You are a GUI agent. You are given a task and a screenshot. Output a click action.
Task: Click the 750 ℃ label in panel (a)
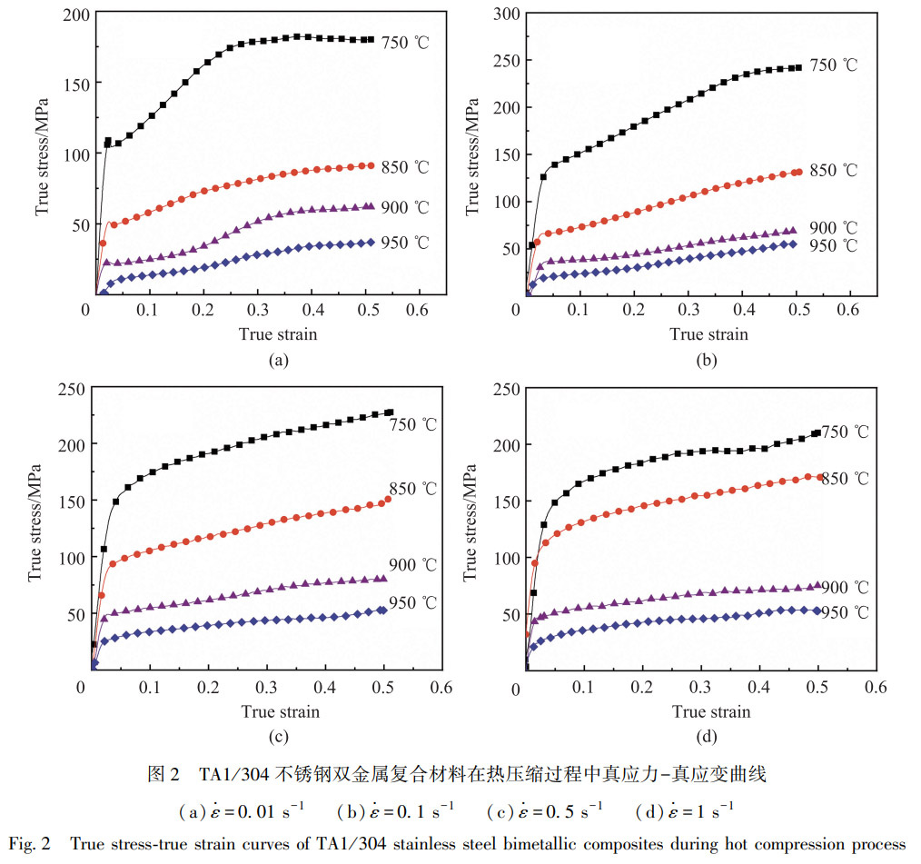click(405, 43)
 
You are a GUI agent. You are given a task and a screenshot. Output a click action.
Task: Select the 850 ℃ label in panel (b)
click(833, 171)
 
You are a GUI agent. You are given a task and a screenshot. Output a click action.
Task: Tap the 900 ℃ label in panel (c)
click(413, 565)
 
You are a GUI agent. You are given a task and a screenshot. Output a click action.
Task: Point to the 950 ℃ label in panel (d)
click(845, 613)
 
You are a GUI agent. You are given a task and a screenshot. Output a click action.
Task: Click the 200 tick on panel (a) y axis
click(74, 15)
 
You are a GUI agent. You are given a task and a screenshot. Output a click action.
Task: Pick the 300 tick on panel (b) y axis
click(505, 13)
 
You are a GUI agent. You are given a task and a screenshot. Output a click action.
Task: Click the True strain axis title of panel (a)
click(278, 333)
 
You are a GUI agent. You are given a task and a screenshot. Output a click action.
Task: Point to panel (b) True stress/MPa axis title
click(473, 154)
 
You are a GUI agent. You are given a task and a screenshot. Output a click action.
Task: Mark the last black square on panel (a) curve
click(371, 40)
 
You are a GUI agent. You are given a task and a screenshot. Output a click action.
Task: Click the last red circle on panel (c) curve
click(388, 499)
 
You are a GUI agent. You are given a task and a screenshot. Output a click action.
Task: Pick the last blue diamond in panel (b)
click(793, 244)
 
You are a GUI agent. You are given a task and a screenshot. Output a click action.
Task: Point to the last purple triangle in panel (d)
click(817, 586)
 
